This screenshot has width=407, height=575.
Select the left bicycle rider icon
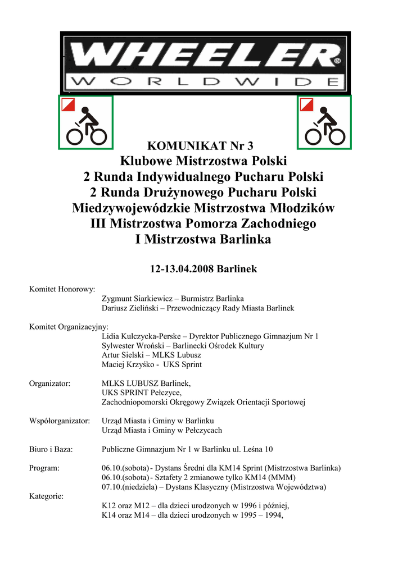click(86, 122)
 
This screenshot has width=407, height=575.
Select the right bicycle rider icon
click(324, 122)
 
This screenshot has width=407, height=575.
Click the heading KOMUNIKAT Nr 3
click(203, 147)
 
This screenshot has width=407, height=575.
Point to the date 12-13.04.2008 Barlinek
click(203, 269)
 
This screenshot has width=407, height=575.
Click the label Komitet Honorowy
click(62, 289)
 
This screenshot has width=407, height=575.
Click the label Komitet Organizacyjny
click(69, 326)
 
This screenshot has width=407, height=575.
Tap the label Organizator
click(49, 383)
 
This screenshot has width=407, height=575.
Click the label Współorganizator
click(59, 421)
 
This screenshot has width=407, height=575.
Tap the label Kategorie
click(46, 496)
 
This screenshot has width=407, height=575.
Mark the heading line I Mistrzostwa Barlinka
click(203, 240)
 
